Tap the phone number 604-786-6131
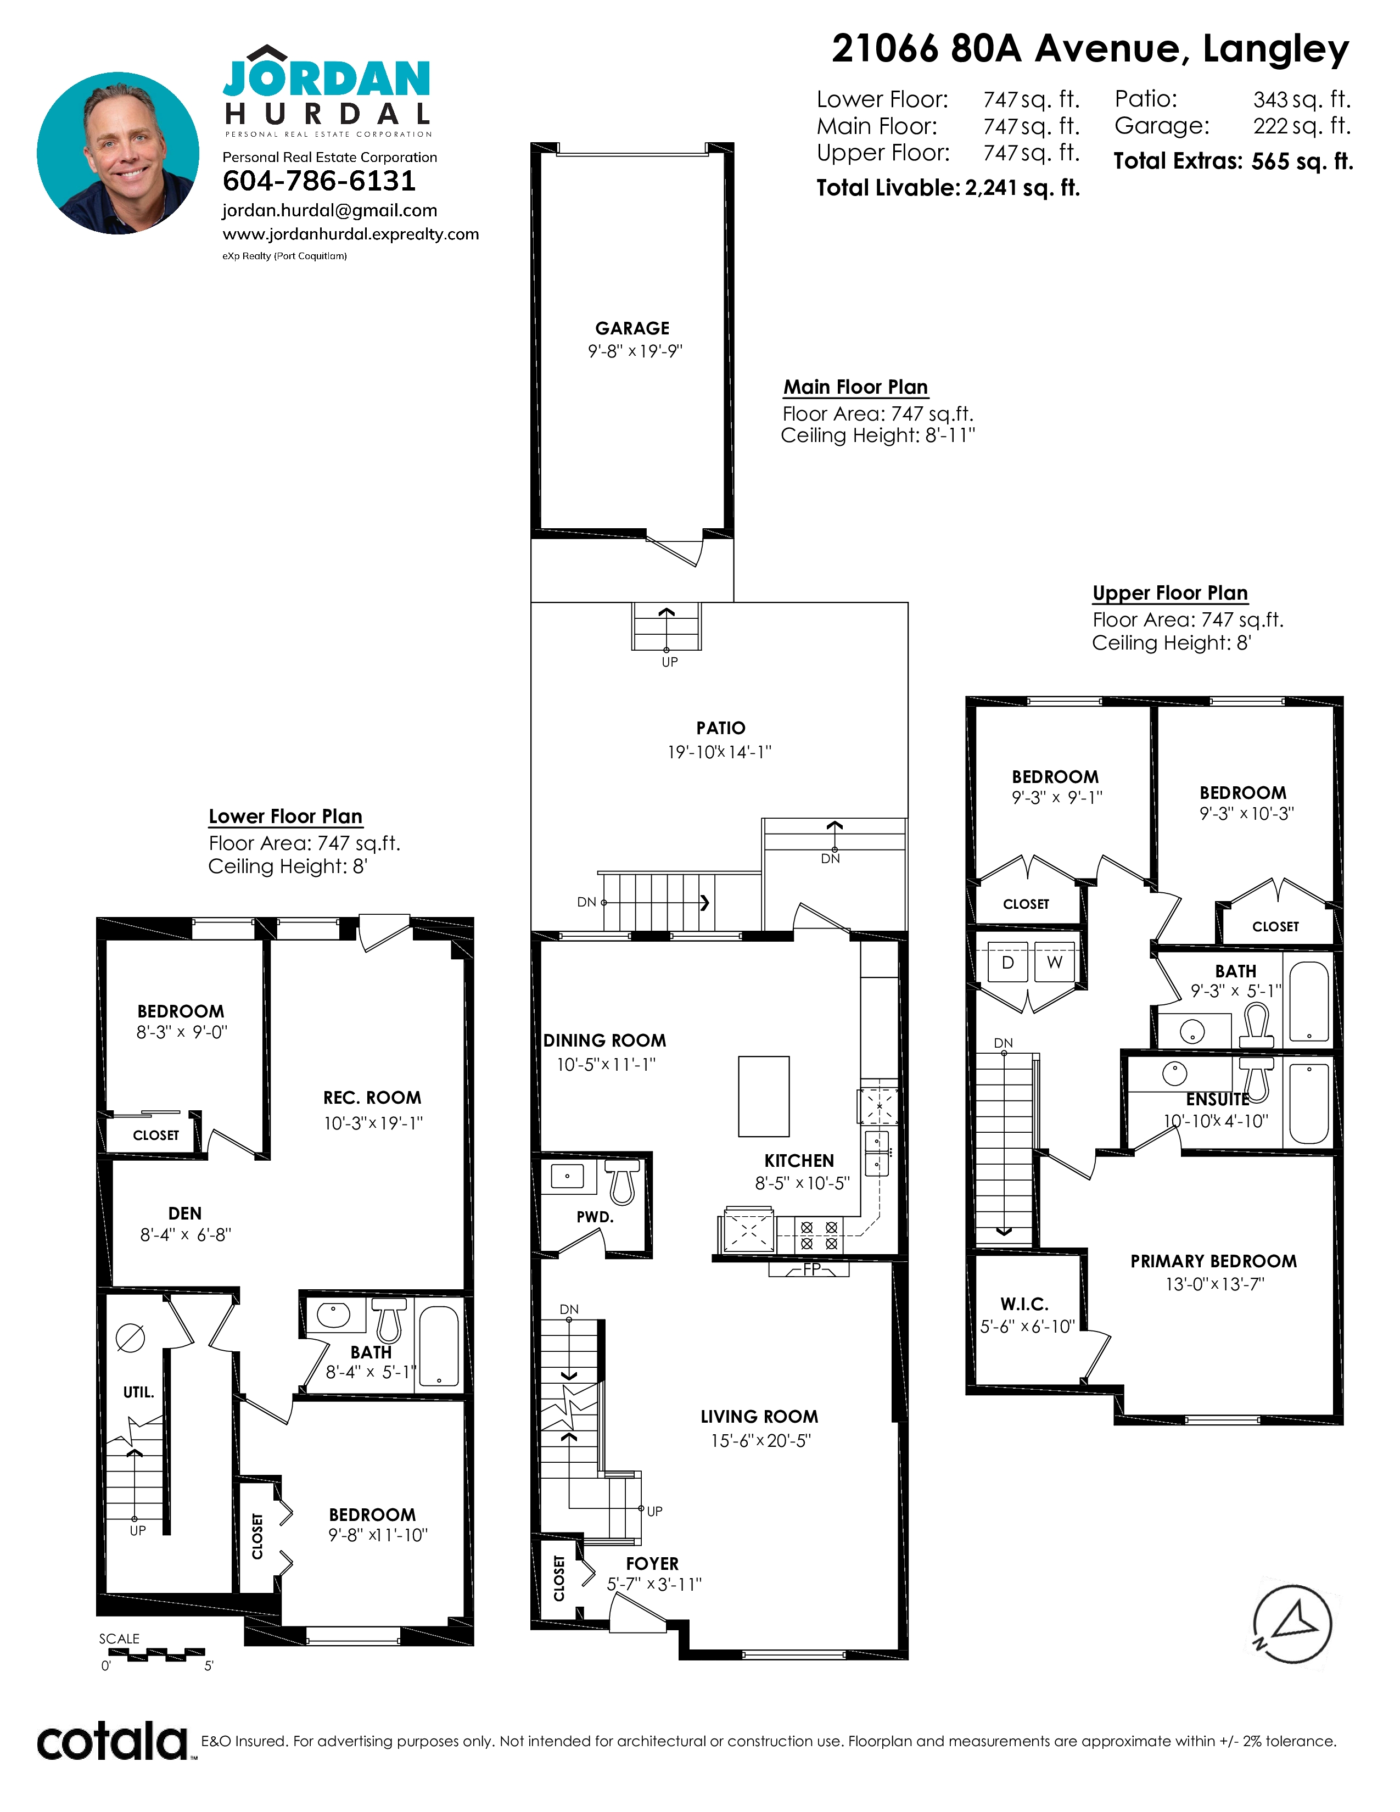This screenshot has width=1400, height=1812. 320,181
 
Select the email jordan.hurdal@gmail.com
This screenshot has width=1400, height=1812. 329,211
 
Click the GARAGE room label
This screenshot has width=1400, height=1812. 632,328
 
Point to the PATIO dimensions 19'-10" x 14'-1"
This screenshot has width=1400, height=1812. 720,752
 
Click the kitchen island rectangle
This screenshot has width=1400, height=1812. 764,1096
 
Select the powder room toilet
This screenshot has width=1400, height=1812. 622,1182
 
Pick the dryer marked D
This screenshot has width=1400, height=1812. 1007,963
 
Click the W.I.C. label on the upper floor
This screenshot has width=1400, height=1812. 1024,1304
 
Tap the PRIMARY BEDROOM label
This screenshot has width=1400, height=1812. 1213,1261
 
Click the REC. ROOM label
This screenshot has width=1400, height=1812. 372,1098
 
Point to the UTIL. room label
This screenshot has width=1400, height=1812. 138,1392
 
